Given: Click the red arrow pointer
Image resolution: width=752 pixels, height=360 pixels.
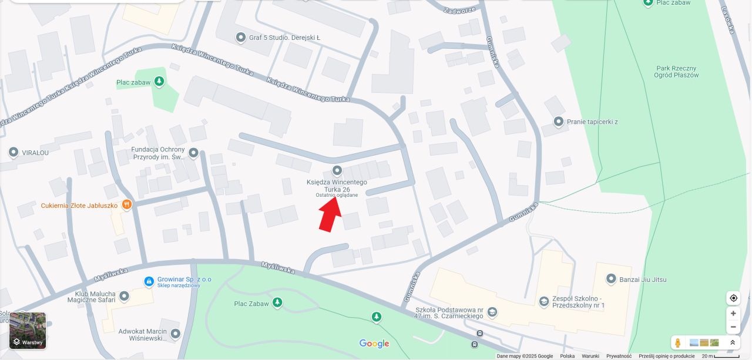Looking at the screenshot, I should [x=331, y=213].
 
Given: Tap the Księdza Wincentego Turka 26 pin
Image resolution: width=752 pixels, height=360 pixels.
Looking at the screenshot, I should [x=337, y=171].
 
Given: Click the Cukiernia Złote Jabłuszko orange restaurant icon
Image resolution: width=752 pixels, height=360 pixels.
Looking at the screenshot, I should [x=126, y=205].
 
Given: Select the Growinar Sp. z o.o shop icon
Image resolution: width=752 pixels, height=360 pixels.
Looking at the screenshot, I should [x=149, y=282].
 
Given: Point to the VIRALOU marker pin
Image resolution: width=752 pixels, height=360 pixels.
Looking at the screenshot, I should [x=14, y=153].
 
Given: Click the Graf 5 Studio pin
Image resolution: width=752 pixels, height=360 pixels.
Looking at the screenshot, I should [x=240, y=38].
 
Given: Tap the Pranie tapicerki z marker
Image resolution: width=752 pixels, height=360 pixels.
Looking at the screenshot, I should [x=559, y=122].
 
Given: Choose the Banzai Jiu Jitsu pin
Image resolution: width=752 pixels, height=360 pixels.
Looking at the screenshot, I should [x=611, y=280].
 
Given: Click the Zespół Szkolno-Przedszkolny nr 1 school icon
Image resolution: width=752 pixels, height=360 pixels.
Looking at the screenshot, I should [x=544, y=301].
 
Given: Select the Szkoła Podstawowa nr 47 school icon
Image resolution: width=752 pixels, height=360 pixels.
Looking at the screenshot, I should [x=492, y=312].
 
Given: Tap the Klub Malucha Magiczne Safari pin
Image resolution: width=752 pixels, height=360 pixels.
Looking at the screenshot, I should [x=124, y=297].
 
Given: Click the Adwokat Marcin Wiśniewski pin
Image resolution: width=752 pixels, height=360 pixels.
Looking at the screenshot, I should [x=175, y=334].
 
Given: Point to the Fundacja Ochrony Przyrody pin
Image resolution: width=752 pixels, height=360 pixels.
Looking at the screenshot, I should [x=193, y=153].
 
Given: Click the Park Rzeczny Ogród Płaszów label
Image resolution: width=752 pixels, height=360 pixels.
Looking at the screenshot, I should [x=676, y=71].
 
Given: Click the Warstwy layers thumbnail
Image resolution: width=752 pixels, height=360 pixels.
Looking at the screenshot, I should [x=28, y=331].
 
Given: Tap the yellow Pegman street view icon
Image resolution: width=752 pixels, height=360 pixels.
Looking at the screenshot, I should [x=678, y=342].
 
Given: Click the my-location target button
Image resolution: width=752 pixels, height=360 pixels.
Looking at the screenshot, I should [x=733, y=298].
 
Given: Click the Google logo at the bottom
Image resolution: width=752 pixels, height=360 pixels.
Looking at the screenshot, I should [x=374, y=344].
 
